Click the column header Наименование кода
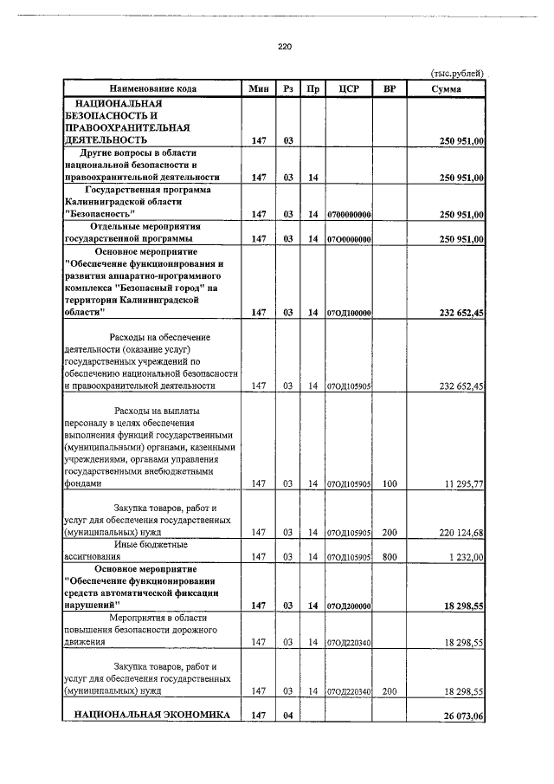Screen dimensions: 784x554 pos(152,88)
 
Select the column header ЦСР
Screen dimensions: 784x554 pos(350,88)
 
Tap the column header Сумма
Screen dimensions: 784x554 pos(447,88)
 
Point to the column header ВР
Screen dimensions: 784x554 pos(390,88)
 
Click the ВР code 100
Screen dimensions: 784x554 pos(390,484)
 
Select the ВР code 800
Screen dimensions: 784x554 pos(390,556)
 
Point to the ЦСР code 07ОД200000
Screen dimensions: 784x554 pos(350,606)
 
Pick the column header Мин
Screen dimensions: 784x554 pos(258,88)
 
